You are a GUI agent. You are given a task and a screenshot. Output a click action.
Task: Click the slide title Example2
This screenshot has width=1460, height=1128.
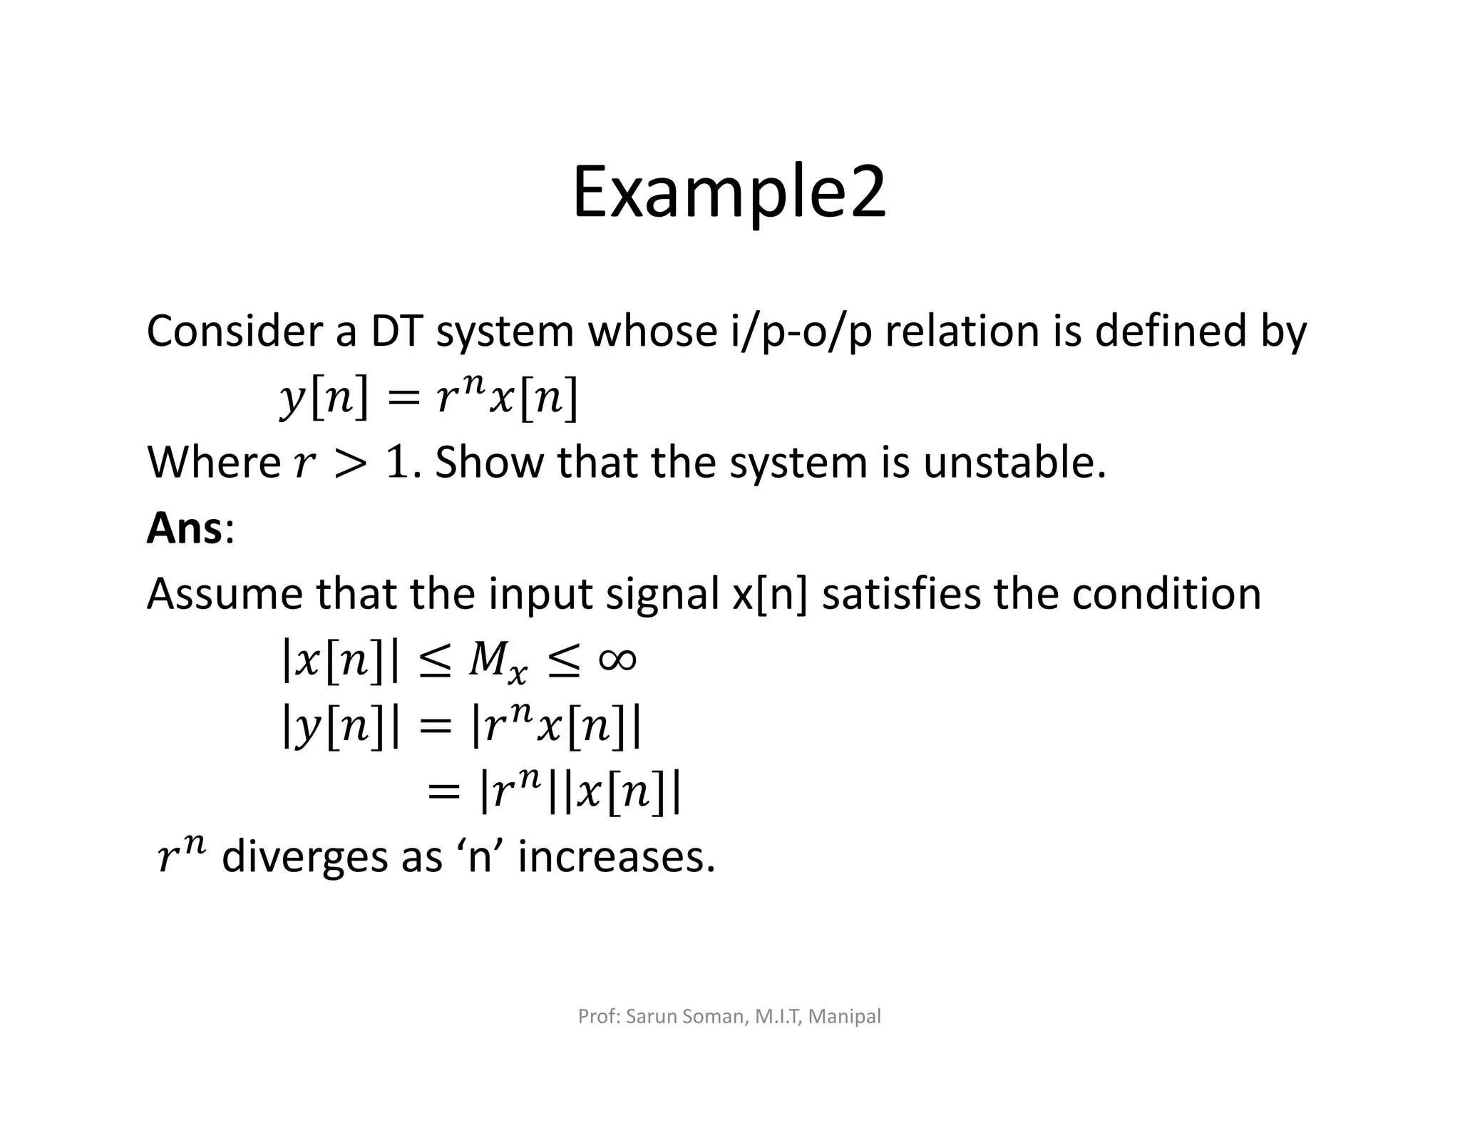coord(729,193)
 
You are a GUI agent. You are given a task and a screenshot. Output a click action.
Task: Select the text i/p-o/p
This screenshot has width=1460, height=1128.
coord(801,333)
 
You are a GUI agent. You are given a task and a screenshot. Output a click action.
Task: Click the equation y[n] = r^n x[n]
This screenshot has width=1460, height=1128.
coord(428,397)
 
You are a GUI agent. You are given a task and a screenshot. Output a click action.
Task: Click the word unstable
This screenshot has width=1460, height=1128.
coord(1013,463)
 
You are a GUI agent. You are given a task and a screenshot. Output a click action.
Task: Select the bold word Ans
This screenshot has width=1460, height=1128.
coord(184,529)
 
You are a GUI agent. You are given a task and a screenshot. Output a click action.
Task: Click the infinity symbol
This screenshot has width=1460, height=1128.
coord(617,660)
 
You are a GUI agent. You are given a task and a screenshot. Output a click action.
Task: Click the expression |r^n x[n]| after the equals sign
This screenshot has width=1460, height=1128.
coord(557,727)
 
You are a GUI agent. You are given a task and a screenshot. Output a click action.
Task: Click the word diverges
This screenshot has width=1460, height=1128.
coord(304,857)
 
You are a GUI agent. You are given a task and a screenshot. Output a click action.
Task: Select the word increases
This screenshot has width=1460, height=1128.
coord(615,857)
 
